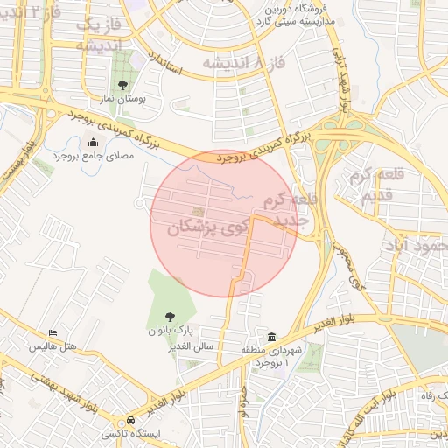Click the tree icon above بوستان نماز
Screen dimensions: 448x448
(x=122, y=86)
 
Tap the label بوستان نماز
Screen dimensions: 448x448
(x=122, y=101)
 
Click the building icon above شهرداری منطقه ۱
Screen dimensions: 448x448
(x=272, y=338)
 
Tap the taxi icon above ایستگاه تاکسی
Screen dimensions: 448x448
(x=130, y=420)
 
